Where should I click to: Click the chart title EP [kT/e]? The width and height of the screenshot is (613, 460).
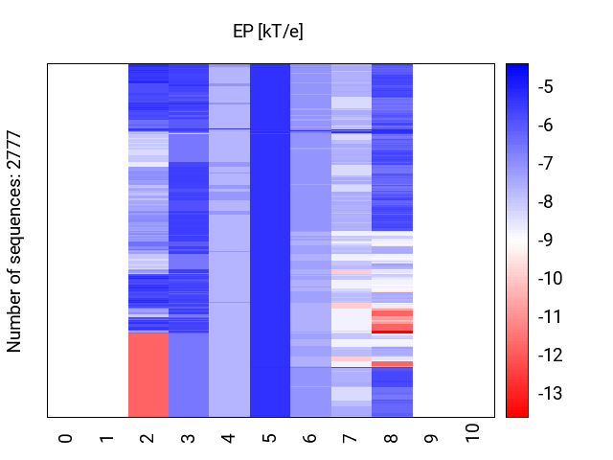click(268, 32)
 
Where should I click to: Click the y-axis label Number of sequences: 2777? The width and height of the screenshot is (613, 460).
click(14, 241)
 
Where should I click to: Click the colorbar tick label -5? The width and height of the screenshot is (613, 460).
click(545, 87)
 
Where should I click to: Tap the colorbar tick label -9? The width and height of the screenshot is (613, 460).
click(545, 241)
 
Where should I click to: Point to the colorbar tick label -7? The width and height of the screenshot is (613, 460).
click(545, 164)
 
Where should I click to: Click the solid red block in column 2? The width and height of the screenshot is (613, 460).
click(148, 375)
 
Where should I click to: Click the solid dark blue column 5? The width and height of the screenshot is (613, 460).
click(270, 240)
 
